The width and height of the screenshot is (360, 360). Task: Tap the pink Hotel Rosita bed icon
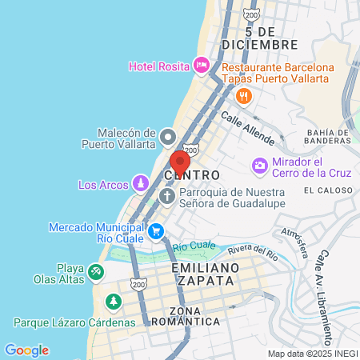[x=201, y=65]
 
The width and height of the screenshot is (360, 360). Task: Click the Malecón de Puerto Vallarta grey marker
[x=168, y=137]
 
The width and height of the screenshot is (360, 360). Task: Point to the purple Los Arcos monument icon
[x=141, y=184]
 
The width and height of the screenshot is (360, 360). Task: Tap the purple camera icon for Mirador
[x=260, y=166]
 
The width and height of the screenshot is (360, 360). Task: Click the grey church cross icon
[x=168, y=197]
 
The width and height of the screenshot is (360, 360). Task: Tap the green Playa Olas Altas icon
[x=95, y=272]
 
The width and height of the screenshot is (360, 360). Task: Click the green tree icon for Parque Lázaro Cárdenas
[x=113, y=302]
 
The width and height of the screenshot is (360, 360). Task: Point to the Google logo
[x=26, y=350]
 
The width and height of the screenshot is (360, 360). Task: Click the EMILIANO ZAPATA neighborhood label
[x=205, y=274]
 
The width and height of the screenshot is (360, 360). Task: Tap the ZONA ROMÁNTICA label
[x=183, y=316]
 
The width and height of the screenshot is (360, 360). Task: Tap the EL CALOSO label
[x=326, y=190]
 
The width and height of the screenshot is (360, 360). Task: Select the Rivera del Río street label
[x=256, y=257]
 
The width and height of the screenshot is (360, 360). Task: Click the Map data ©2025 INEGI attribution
[x=311, y=354]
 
